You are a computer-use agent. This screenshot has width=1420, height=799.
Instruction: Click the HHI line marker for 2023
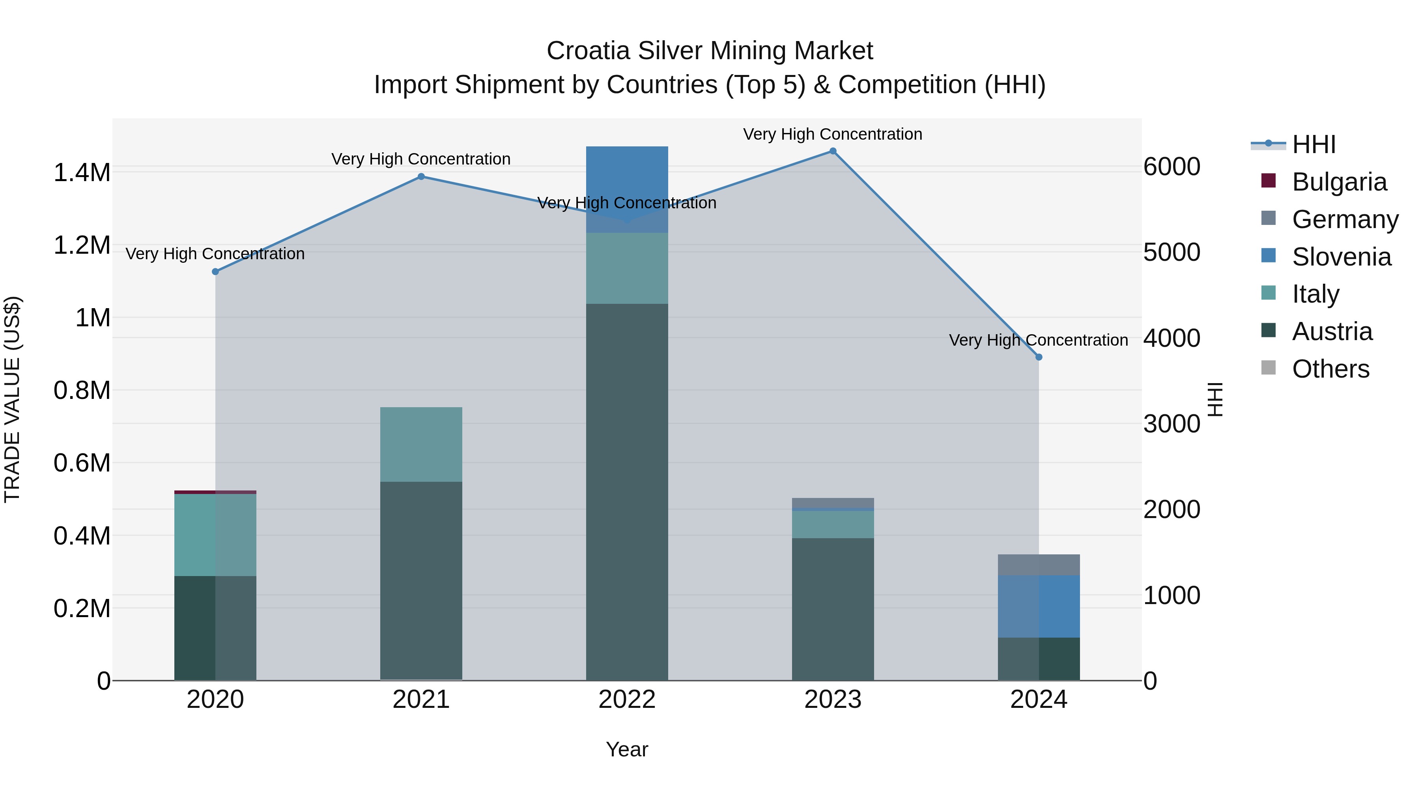[833, 151]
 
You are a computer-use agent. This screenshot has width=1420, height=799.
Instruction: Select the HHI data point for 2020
[215, 272]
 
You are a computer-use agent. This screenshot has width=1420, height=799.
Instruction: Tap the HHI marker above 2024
[1039, 357]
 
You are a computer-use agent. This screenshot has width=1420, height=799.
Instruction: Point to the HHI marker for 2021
[421, 176]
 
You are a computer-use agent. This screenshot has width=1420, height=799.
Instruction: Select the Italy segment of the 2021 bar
[421, 444]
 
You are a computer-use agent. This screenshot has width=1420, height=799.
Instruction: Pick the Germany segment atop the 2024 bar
[1039, 565]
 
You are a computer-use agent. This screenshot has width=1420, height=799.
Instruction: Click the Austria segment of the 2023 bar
[833, 609]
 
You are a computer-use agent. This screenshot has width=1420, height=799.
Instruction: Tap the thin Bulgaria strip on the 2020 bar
[215, 492]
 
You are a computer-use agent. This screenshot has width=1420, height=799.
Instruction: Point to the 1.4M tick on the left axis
[82, 172]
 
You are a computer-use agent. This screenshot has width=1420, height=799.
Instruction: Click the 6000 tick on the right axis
[1171, 167]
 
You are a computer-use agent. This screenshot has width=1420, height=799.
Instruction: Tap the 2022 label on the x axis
[627, 700]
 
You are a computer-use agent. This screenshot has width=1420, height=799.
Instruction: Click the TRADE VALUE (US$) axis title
[12, 399]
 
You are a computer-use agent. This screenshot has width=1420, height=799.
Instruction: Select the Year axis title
[627, 749]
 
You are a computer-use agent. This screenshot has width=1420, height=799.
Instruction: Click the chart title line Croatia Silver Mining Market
[710, 51]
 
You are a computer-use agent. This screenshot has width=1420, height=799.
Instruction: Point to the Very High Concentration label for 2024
[1038, 340]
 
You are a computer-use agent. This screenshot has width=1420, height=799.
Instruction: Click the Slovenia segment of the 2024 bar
[1039, 606]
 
